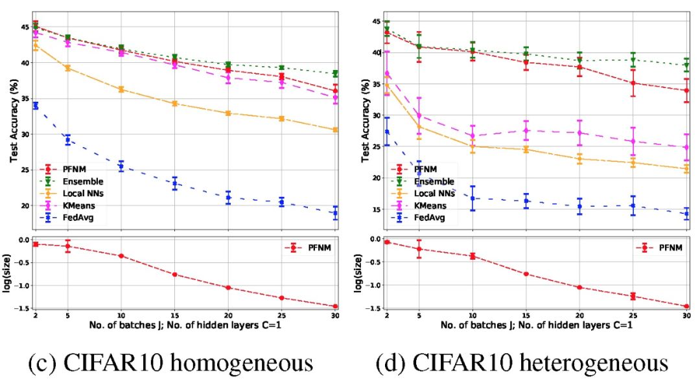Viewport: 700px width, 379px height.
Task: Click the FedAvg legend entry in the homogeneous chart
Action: [78, 218]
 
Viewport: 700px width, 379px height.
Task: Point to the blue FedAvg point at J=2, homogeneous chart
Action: [36, 106]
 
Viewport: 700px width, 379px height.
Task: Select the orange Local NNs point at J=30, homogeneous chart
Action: [336, 130]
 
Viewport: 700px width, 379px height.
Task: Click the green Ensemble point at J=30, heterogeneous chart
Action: [686, 65]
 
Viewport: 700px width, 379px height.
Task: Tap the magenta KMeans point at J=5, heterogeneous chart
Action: [419, 115]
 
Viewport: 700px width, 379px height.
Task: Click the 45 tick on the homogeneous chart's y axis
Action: [24, 27]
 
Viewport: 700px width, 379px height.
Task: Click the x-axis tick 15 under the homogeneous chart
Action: [174, 315]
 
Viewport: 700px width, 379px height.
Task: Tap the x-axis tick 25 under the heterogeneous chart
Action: [633, 315]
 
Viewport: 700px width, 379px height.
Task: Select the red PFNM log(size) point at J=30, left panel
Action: [336, 306]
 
